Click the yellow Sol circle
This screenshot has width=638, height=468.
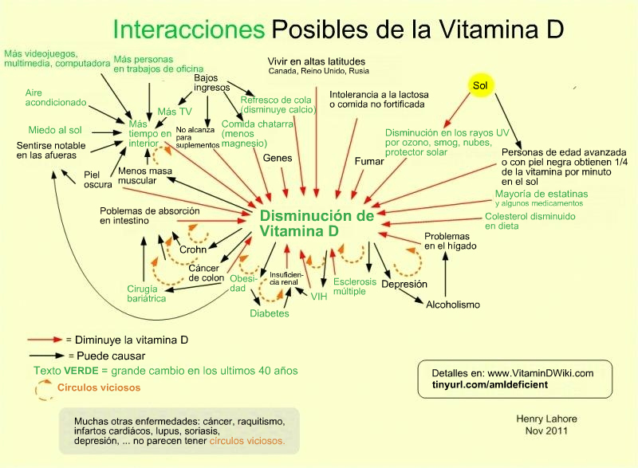[x=479, y=85]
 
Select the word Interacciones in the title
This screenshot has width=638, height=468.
[x=189, y=29]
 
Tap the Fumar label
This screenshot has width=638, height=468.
[x=368, y=162]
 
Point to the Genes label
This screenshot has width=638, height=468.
[x=278, y=158]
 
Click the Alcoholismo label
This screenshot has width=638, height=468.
[x=453, y=305]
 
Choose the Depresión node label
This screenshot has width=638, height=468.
[x=404, y=284]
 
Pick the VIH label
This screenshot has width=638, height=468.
[x=320, y=297]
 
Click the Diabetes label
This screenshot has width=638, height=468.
[x=270, y=314]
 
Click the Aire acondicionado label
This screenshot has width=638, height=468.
[x=55, y=97]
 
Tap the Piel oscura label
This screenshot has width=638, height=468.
[x=98, y=179]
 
